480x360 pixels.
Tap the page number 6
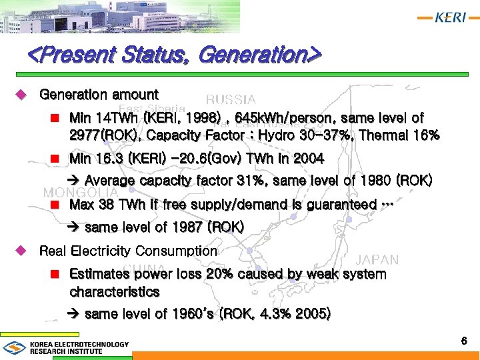click(x=464, y=341)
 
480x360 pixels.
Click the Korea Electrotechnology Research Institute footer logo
click(x=66, y=347)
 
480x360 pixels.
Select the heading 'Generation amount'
click(x=99, y=95)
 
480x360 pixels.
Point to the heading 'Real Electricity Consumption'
click(x=128, y=251)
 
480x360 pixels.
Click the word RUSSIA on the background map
click(x=231, y=100)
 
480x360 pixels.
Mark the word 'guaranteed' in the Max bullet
click(x=340, y=205)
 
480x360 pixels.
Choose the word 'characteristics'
click(x=114, y=292)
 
